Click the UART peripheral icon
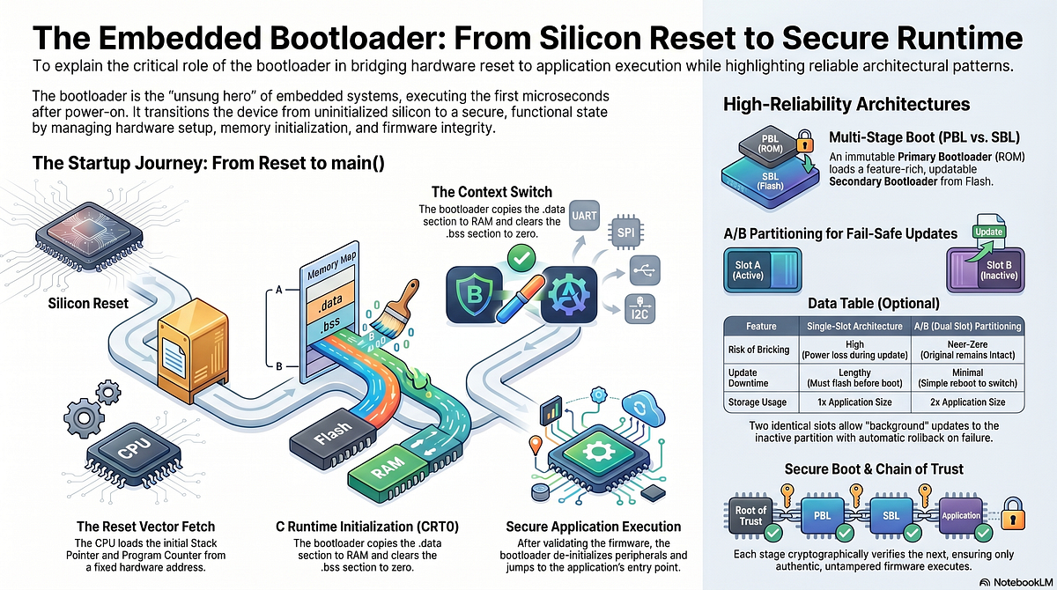click(584, 216)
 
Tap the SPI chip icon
click(626, 232)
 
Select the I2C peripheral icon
click(639, 309)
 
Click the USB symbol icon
click(645, 270)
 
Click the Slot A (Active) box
click(762, 270)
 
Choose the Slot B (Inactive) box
click(986, 270)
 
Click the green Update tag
click(988, 232)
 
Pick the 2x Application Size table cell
click(967, 402)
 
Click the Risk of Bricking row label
click(758, 350)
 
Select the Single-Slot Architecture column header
click(854, 327)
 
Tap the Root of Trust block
click(750, 515)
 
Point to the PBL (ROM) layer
click(770, 144)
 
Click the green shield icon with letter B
click(474, 295)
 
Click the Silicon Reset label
click(88, 303)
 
